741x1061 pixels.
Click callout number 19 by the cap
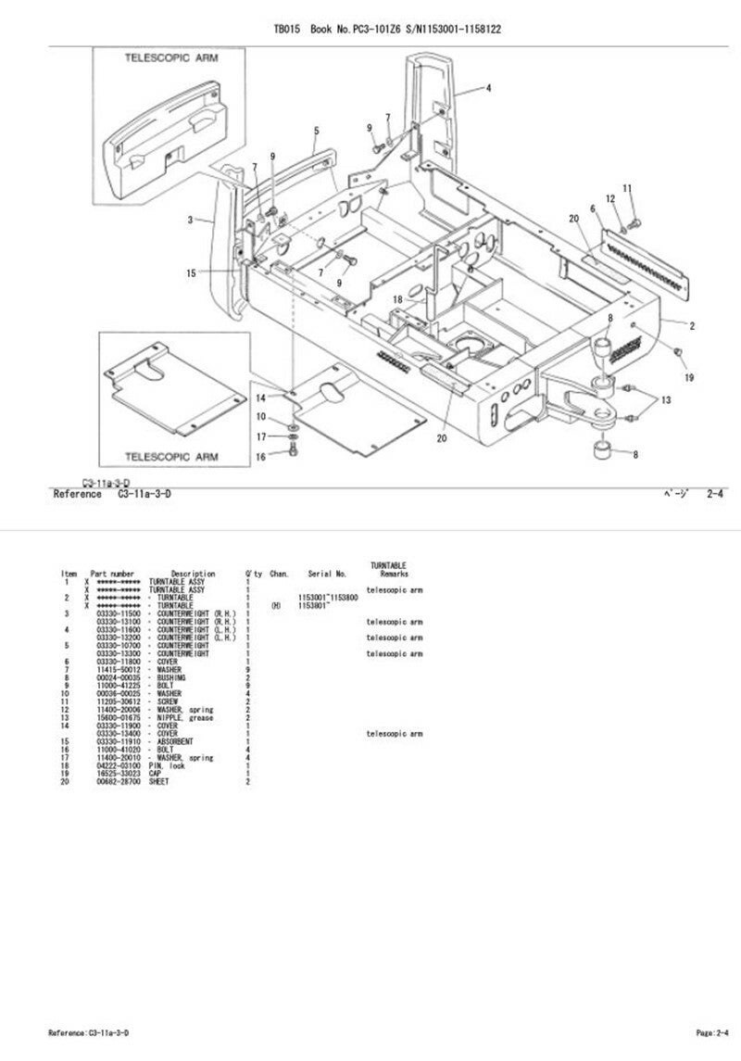coord(688,377)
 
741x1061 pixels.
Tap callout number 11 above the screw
coord(627,189)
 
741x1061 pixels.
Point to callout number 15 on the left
coord(192,272)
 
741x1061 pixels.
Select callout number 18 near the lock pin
coord(397,299)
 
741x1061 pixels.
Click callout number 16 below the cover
coord(260,456)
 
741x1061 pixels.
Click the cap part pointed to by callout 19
coord(677,353)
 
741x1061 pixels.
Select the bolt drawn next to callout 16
coord(294,453)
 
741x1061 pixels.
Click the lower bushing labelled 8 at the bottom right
coord(604,453)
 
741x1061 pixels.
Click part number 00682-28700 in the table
coord(118,782)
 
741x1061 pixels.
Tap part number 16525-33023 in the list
coord(118,774)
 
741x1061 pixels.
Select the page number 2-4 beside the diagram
coord(716,495)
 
